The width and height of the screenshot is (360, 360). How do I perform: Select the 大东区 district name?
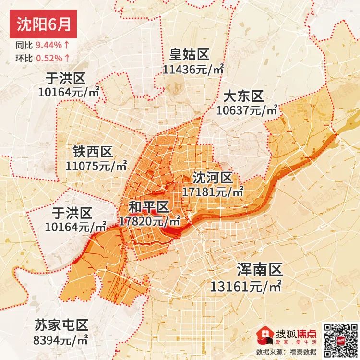click(x=244, y=96)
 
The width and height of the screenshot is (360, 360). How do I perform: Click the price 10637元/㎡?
click(x=247, y=110)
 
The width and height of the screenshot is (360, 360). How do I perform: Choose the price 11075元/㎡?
click(x=96, y=167)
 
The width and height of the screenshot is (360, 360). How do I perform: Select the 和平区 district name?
click(x=149, y=207)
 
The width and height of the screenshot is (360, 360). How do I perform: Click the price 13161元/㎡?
click(x=246, y=287)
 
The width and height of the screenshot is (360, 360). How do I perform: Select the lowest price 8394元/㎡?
click(x=60, y=340)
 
